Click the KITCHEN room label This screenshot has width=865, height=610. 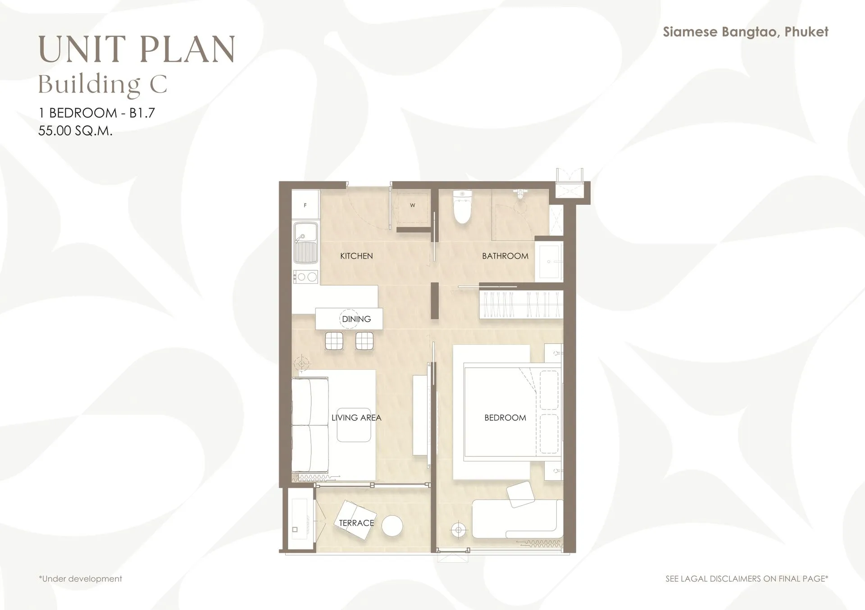(356, 256)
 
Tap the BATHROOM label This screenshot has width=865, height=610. (505, 256)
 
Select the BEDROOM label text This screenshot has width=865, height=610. (505, 418)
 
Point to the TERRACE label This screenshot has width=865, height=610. (356, 523)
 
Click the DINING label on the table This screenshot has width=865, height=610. (356, 319)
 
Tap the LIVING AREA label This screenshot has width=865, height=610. (356, 418)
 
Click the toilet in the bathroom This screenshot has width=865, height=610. (462, 207)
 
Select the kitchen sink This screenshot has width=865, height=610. (305, 243)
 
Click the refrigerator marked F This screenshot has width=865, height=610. (305, 205)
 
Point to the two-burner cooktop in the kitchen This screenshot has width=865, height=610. (305, 277)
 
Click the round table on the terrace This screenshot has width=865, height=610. (392, 526)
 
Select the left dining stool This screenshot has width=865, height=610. (334, 341)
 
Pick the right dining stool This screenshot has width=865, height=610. (364, 341)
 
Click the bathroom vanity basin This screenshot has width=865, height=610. (549, 261)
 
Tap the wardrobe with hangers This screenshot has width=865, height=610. (521, 305)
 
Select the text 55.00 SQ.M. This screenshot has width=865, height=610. (75, 131)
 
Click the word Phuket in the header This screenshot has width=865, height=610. (806, 32)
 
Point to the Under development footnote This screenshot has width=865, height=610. (81, 578)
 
